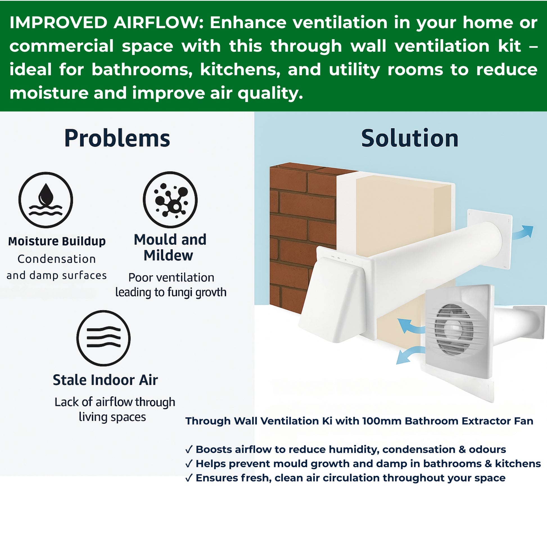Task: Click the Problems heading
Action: tap(117, 139)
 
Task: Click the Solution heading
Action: tap(410, 139)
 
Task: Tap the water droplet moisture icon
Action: tap(46, 200)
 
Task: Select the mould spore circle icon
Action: tap(170, 200)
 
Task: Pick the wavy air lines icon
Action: tap(104, 338)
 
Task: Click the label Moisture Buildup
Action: tap(56, 241)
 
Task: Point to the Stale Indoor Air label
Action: tap(105, 380)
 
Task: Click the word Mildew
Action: tap(168, 256)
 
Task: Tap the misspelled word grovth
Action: tap(211, 292)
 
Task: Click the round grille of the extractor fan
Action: tap(454, 329)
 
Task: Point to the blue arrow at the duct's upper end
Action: tap(523, 232)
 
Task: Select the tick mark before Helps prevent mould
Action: tap(189, 464)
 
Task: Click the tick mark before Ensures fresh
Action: tap(189, 478)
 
